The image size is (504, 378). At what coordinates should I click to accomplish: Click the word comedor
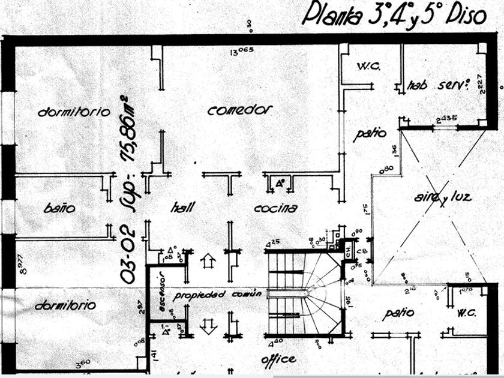coord(240,110)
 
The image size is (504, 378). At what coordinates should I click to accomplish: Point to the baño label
coord(59,209)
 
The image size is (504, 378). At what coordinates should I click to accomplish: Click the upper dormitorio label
coord(74,112)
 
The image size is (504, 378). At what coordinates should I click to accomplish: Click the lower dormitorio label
coord(65,305)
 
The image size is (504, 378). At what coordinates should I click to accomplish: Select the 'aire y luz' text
coord(442,197)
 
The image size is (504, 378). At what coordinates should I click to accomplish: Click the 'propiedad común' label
coord(218,295)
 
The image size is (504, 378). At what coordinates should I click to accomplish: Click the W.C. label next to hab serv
coord(368,66)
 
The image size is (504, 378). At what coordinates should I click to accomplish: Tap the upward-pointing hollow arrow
coord(209,262)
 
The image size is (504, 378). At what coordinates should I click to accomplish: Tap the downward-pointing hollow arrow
coord(209,326)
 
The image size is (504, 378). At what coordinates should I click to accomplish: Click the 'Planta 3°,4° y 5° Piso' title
coord(393,15)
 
